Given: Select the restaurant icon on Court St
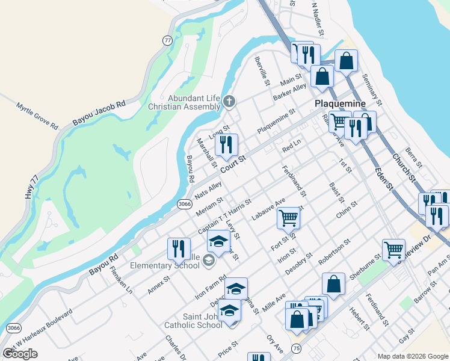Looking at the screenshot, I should (226, 144).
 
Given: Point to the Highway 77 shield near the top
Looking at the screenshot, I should (168, 40).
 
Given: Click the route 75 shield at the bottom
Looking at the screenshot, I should (295, 348).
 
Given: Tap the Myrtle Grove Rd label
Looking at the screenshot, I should (37, 117).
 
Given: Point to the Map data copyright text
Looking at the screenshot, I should (413, 356).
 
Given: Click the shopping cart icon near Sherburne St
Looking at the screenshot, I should (393, 248).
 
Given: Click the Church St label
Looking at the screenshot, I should (404, 168).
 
